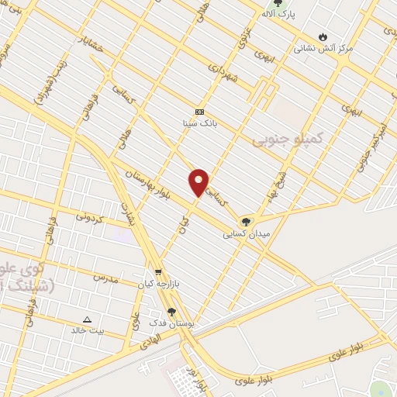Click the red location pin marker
click(x=198, y=182)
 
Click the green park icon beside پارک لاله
click(x=278, y=3)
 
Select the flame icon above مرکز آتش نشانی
click(x=323, y=36)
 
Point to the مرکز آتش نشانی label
click(x=323, y=48)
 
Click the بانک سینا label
click(x=199, y=123)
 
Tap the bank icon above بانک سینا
click(x=199, y=112)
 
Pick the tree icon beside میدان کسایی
click(x=247, y=222)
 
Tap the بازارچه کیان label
click(x=158, y=284)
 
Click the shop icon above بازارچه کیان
click(x=158, y=273)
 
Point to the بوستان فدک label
click(x=171, y=323)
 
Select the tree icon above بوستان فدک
click(x=171, y=312)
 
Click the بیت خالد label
click(x=87, y=330)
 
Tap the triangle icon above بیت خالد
click(x=87, y=319)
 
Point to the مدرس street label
click(x=105, y=277)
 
